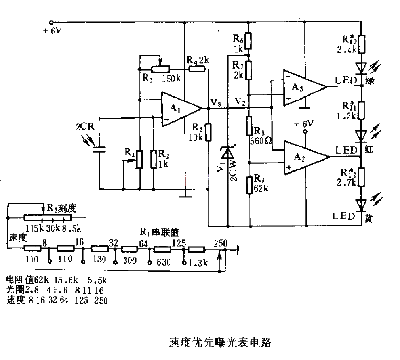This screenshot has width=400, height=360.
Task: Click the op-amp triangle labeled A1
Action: (178, 109)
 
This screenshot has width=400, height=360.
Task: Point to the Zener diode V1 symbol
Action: (227, 153)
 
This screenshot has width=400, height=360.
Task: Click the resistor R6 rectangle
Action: (248, 40)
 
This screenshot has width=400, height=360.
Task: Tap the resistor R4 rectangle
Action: (196, 69)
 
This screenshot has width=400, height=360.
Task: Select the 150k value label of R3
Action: (171, 78)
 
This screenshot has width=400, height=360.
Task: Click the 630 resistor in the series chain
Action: (162, 249)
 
